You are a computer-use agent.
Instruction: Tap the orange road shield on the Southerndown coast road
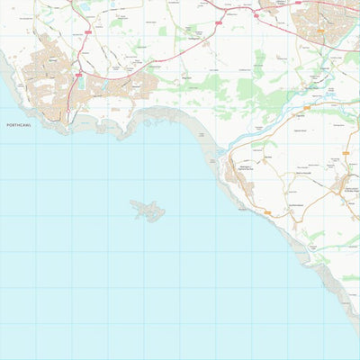[x=268, y=212]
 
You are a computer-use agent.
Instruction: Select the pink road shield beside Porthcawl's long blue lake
[x=79, y=73]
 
